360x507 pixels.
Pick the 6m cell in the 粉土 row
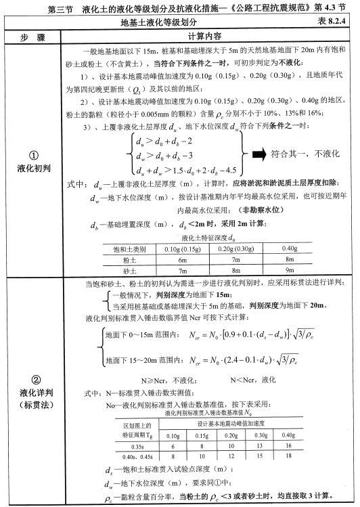click(x=181, y=259)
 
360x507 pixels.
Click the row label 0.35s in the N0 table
click(x=136, y=447)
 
